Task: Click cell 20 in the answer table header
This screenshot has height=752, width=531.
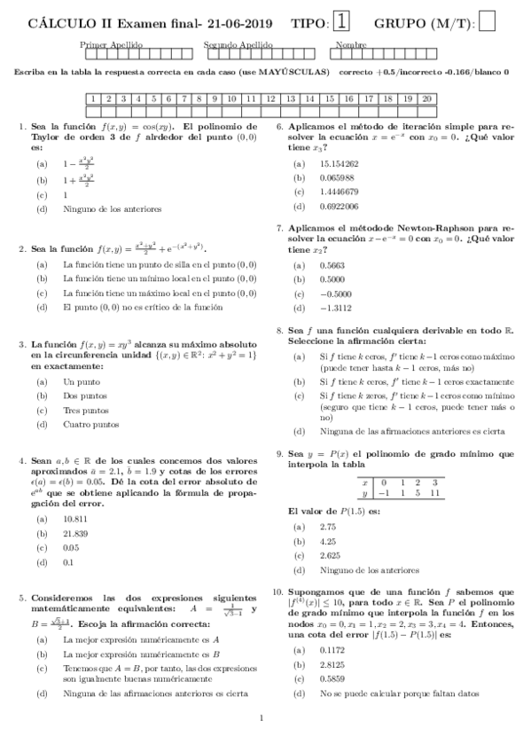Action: coord(427,98)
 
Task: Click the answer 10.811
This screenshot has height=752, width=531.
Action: coord(75,518)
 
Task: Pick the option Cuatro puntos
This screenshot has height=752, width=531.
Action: coord(90,424)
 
